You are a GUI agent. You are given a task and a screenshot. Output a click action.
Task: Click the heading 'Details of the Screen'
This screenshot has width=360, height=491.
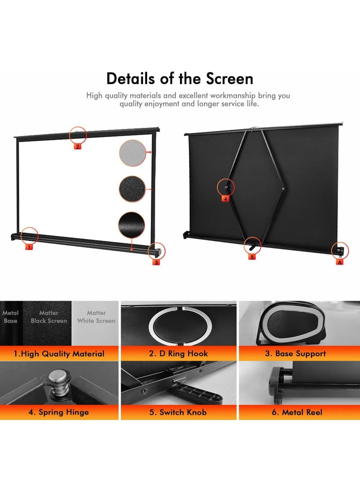pos(180,78)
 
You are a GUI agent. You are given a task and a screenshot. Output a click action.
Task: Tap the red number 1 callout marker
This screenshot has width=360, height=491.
pos(29,247)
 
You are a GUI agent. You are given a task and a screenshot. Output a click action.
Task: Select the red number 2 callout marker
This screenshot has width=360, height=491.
pos(77,146)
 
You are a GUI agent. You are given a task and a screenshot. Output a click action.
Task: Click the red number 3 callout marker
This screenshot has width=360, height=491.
pos(156,262)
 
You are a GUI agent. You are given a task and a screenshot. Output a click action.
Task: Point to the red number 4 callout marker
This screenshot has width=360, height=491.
pos(225,198)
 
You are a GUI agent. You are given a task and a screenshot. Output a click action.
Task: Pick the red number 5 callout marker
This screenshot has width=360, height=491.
pos(252,257)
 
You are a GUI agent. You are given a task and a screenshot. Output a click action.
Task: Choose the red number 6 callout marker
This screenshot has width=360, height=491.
pos(340,262)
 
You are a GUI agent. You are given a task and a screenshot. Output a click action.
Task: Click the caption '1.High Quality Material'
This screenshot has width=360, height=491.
pos(59,354)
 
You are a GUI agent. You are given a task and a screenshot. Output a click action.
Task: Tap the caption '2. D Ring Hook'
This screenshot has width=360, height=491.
pos(179,354)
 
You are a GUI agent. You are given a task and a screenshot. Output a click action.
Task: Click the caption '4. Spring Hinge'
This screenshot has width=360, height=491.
pos(59,412)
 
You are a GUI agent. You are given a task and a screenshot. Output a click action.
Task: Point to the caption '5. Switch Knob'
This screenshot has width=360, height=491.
pos(179,412)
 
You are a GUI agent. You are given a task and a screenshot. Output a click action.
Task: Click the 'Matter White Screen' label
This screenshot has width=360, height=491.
pos(96,317)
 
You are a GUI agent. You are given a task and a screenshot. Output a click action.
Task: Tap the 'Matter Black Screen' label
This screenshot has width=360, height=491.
pos(49,317)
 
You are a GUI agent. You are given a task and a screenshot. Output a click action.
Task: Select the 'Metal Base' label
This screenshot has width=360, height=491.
pos(10,317)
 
